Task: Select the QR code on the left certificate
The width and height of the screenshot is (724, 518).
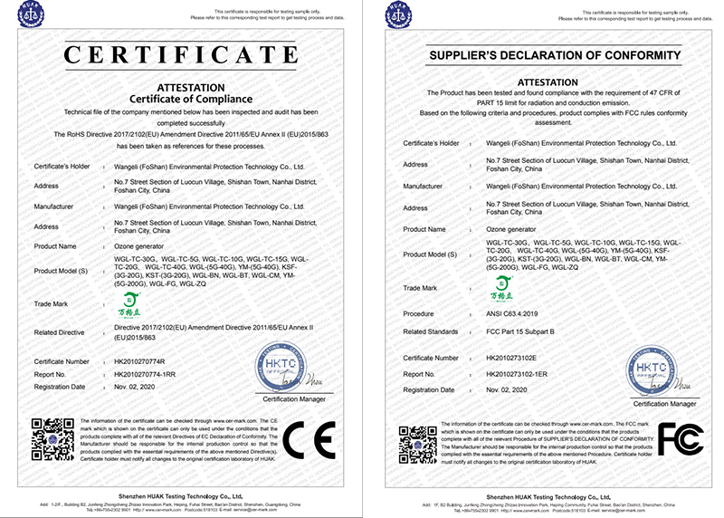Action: click(52, 441)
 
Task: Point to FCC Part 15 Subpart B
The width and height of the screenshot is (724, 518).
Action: click(525, 331)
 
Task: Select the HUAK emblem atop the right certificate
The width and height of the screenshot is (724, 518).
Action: click(395, 15)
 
